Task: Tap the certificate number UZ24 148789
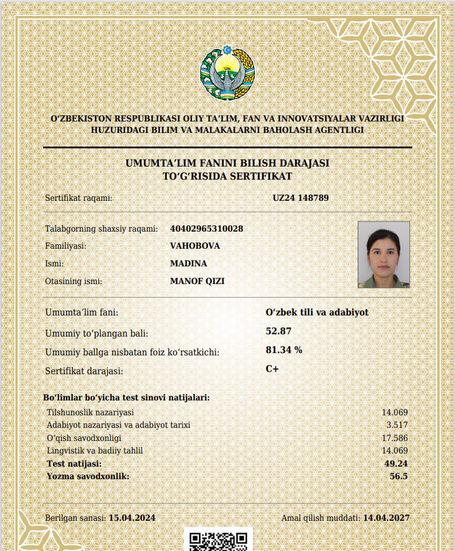[x=301, y=198]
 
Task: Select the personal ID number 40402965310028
[x=207, y=229]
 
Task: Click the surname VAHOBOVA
[x=195, y=246]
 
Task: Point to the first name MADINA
[x=188, y=264]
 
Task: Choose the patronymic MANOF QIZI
[x=197, y=281]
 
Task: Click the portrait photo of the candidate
[x=383, y=254]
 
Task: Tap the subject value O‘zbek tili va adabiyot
[x=317, y=313]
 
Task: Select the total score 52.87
[x=279, y=331]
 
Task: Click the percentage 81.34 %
[x=284, y=350]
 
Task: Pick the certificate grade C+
[x=272, y=368]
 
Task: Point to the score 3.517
[x=397, y=425]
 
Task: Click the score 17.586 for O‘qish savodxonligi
[x=395, y=438]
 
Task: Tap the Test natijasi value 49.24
[x=396, y=463]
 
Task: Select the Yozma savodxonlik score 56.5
[x=399, y=476]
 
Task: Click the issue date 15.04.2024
[x=132, y=518]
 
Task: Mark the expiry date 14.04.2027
[x=386, y=518]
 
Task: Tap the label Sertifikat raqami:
[x=79, y=198]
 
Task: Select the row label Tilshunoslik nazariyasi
[x=90, y=412]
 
